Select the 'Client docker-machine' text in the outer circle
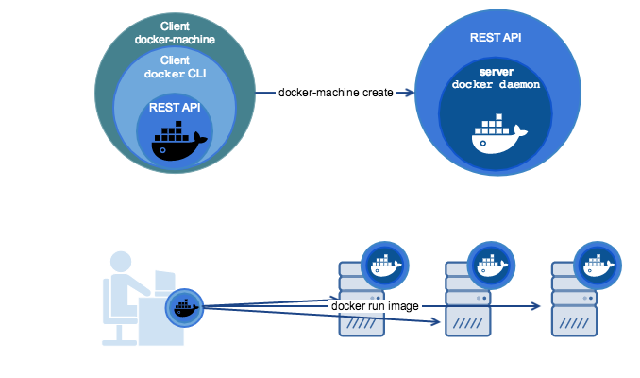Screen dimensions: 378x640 click(175, 33)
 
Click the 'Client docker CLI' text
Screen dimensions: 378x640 click(175, 66)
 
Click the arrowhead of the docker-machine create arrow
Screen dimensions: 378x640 click(412, 92)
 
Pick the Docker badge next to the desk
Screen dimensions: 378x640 click(184, 306)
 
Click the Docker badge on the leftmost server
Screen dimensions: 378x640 click(384, 262)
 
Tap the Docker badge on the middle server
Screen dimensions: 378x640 click(488, 262)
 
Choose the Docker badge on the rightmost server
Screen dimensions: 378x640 click(594, 262)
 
